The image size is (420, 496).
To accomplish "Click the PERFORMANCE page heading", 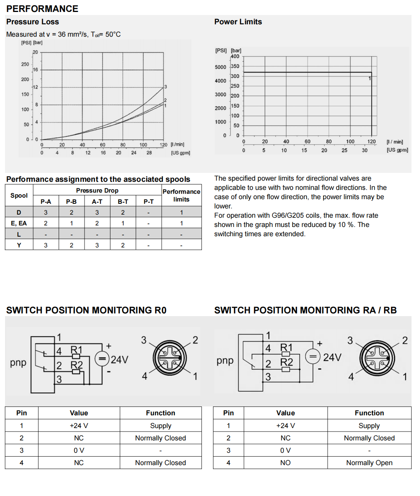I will pos(42,8).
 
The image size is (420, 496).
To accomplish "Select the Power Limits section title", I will pos(238,22).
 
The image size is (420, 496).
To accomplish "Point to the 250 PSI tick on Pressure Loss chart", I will pos(25,64).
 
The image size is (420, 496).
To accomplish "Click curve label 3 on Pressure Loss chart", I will pos(166,87).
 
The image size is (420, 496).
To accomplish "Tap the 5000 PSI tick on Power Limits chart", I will pos(220,67).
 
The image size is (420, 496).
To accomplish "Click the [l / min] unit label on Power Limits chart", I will pos(395,142).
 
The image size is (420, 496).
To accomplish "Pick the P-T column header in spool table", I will pos(149,201).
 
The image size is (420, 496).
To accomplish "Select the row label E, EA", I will pos(19,223).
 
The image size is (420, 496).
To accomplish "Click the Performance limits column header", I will pos(181,195).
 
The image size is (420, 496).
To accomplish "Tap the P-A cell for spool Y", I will pos(46,245).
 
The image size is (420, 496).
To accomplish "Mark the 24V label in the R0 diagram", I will pos(119,360).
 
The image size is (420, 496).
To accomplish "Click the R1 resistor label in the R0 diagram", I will pos(76,350).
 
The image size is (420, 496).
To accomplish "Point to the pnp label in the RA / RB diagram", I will pos(225,361).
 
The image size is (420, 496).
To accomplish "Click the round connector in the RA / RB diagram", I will pos(377,358).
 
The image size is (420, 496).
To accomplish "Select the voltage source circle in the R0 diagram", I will pos(102,359).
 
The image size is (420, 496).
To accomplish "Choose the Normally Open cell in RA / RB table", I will pos(369,463).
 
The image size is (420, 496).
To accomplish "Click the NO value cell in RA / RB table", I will pos(285,463).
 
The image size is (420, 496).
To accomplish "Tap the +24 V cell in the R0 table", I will pos(79,426).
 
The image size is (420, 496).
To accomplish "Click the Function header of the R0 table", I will pos(160,413).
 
